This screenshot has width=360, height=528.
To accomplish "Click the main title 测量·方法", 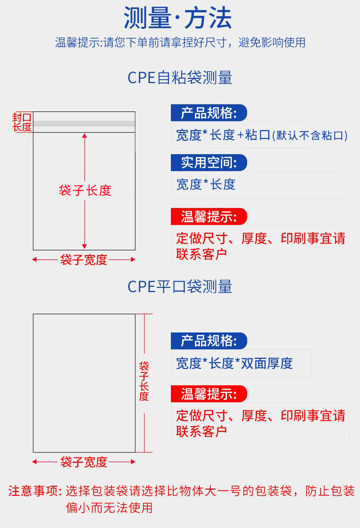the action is [x=178, y=19].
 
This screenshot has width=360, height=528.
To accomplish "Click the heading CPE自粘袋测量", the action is [x=180, y=78].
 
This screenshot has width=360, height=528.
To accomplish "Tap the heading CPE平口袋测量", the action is [x=180, y=287].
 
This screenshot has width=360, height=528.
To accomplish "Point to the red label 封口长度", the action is [x=22, y=122].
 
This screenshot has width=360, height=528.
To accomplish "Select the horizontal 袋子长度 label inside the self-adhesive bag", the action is [x=85, y=190].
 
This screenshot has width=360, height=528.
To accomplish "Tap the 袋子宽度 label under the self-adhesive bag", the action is [x=84, y=260].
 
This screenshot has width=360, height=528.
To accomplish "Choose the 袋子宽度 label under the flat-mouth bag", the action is [x=84, y=462].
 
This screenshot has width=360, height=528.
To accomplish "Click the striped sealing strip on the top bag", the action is [x=84, y=124].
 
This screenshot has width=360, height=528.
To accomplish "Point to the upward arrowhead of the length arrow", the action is [x=85, y=136].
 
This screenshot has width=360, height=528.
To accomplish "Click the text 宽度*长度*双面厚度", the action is [x=234, y=363].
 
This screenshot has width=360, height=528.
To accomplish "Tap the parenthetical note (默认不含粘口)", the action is [x=310, y=135].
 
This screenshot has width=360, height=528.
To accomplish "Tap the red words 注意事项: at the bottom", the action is [x=35, y=491].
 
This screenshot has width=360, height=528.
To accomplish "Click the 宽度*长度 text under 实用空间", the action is [x=206, y=184].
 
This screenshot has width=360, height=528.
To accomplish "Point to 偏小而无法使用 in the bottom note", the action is [x=109, y=507].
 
